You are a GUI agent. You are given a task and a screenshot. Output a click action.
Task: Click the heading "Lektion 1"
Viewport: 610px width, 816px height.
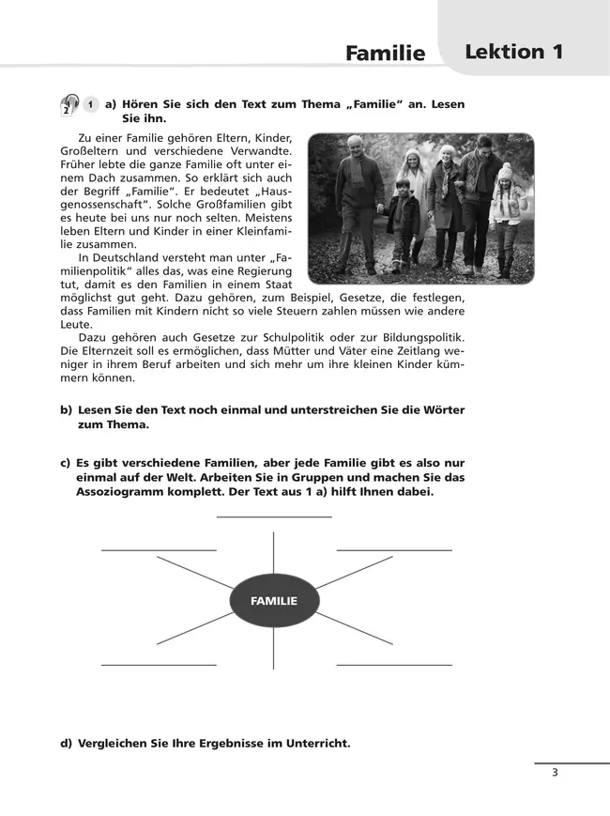pos(513,52)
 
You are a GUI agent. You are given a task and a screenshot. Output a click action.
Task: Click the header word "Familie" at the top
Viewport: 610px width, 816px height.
pos(385,54)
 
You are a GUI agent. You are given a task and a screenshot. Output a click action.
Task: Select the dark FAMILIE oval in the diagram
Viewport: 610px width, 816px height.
pos(274,600)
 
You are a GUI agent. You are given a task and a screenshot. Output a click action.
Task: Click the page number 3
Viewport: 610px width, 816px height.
pos(556,773)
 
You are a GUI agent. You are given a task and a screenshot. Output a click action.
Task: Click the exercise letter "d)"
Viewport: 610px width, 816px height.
pos(67,743)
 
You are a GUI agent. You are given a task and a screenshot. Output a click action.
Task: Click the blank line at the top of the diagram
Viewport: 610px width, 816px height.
pos(274,516)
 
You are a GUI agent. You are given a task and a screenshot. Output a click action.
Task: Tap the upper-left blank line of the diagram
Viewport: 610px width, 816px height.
pos(159,548)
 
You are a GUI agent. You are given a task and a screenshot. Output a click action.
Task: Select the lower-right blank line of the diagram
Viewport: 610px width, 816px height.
pos(394,665)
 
